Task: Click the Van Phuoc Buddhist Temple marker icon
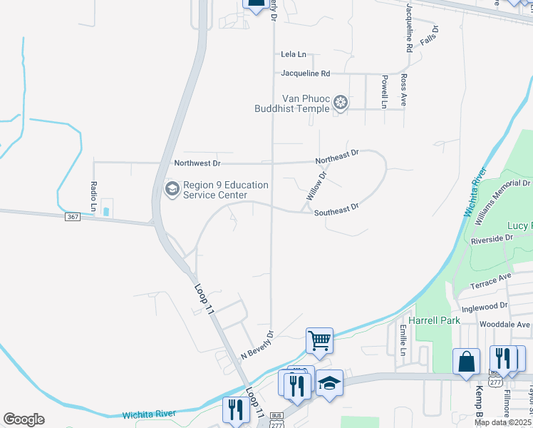(x=341, y=103)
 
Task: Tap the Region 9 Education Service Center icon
(x=172, y=189)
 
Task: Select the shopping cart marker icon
(x=319, y=340)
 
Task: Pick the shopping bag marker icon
(x=466, y=361)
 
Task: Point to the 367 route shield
(x=72, y=217)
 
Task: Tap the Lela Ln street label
(x=293, y=54)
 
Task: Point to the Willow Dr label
(x=316, y=185)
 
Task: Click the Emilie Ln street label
(x=403, y=341)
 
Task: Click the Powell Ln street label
(x=383, y=91)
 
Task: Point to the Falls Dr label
(x=430, y=36)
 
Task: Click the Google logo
(x=24, y=419)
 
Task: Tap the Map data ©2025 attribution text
(x=502, y=422)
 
